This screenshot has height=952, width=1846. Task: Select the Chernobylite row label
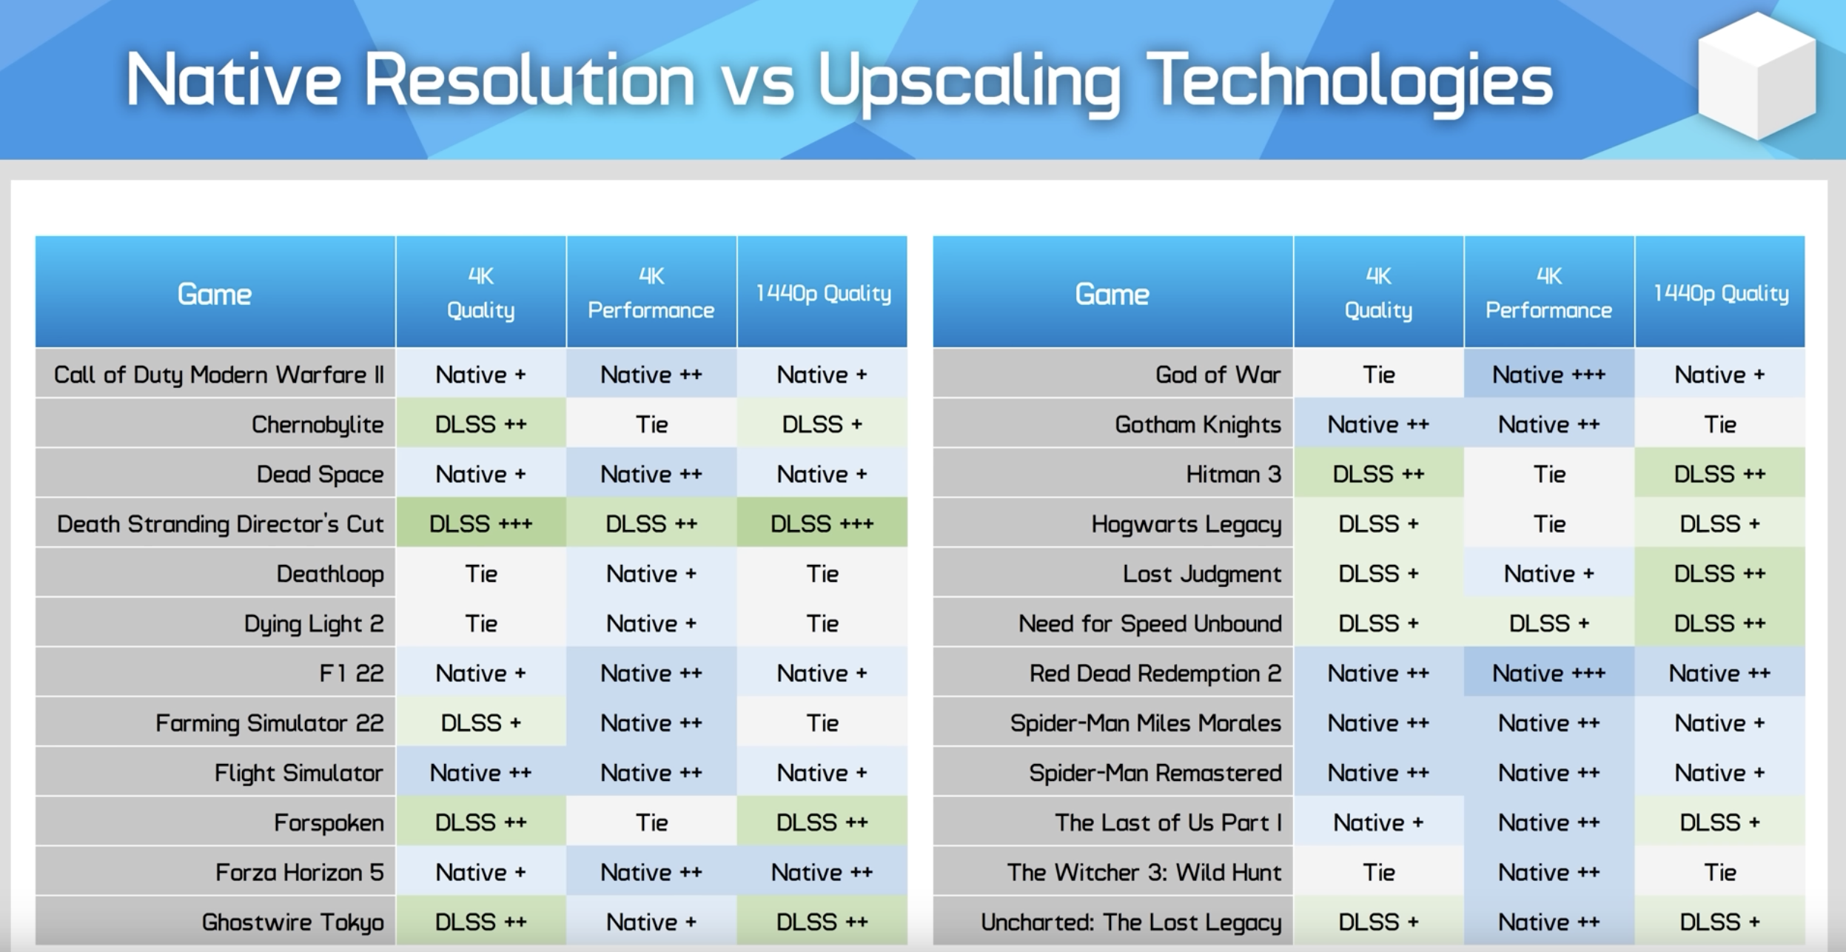click(318, 425)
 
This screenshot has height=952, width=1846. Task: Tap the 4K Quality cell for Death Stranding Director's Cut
click(481, 523)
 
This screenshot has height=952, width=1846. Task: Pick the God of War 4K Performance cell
click(1549, 375)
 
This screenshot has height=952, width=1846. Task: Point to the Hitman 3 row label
click(1233, 474)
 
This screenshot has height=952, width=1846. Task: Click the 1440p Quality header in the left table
click(822, 293)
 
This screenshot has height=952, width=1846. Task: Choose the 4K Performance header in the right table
click(1549, 293)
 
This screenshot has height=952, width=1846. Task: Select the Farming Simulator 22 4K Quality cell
click(481, 723)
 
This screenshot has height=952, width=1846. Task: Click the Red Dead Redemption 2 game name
click(1155, 674)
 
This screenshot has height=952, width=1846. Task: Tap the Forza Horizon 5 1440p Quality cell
click(822, 872)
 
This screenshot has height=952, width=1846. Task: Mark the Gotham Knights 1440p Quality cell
click(1720, 424)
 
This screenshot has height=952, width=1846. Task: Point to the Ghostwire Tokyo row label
click(293, 922)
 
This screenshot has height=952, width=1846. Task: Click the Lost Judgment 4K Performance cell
click(1549, 574)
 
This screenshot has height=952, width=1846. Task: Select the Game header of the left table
click(215, 293)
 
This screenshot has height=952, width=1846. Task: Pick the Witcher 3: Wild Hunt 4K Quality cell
click(1379, 872)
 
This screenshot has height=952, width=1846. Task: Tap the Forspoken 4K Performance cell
click(651, 822)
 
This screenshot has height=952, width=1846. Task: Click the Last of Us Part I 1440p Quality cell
click(1720, 822)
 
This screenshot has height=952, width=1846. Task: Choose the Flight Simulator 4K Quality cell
click(481, 773)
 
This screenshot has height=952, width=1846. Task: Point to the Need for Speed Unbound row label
click(1150, 623)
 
